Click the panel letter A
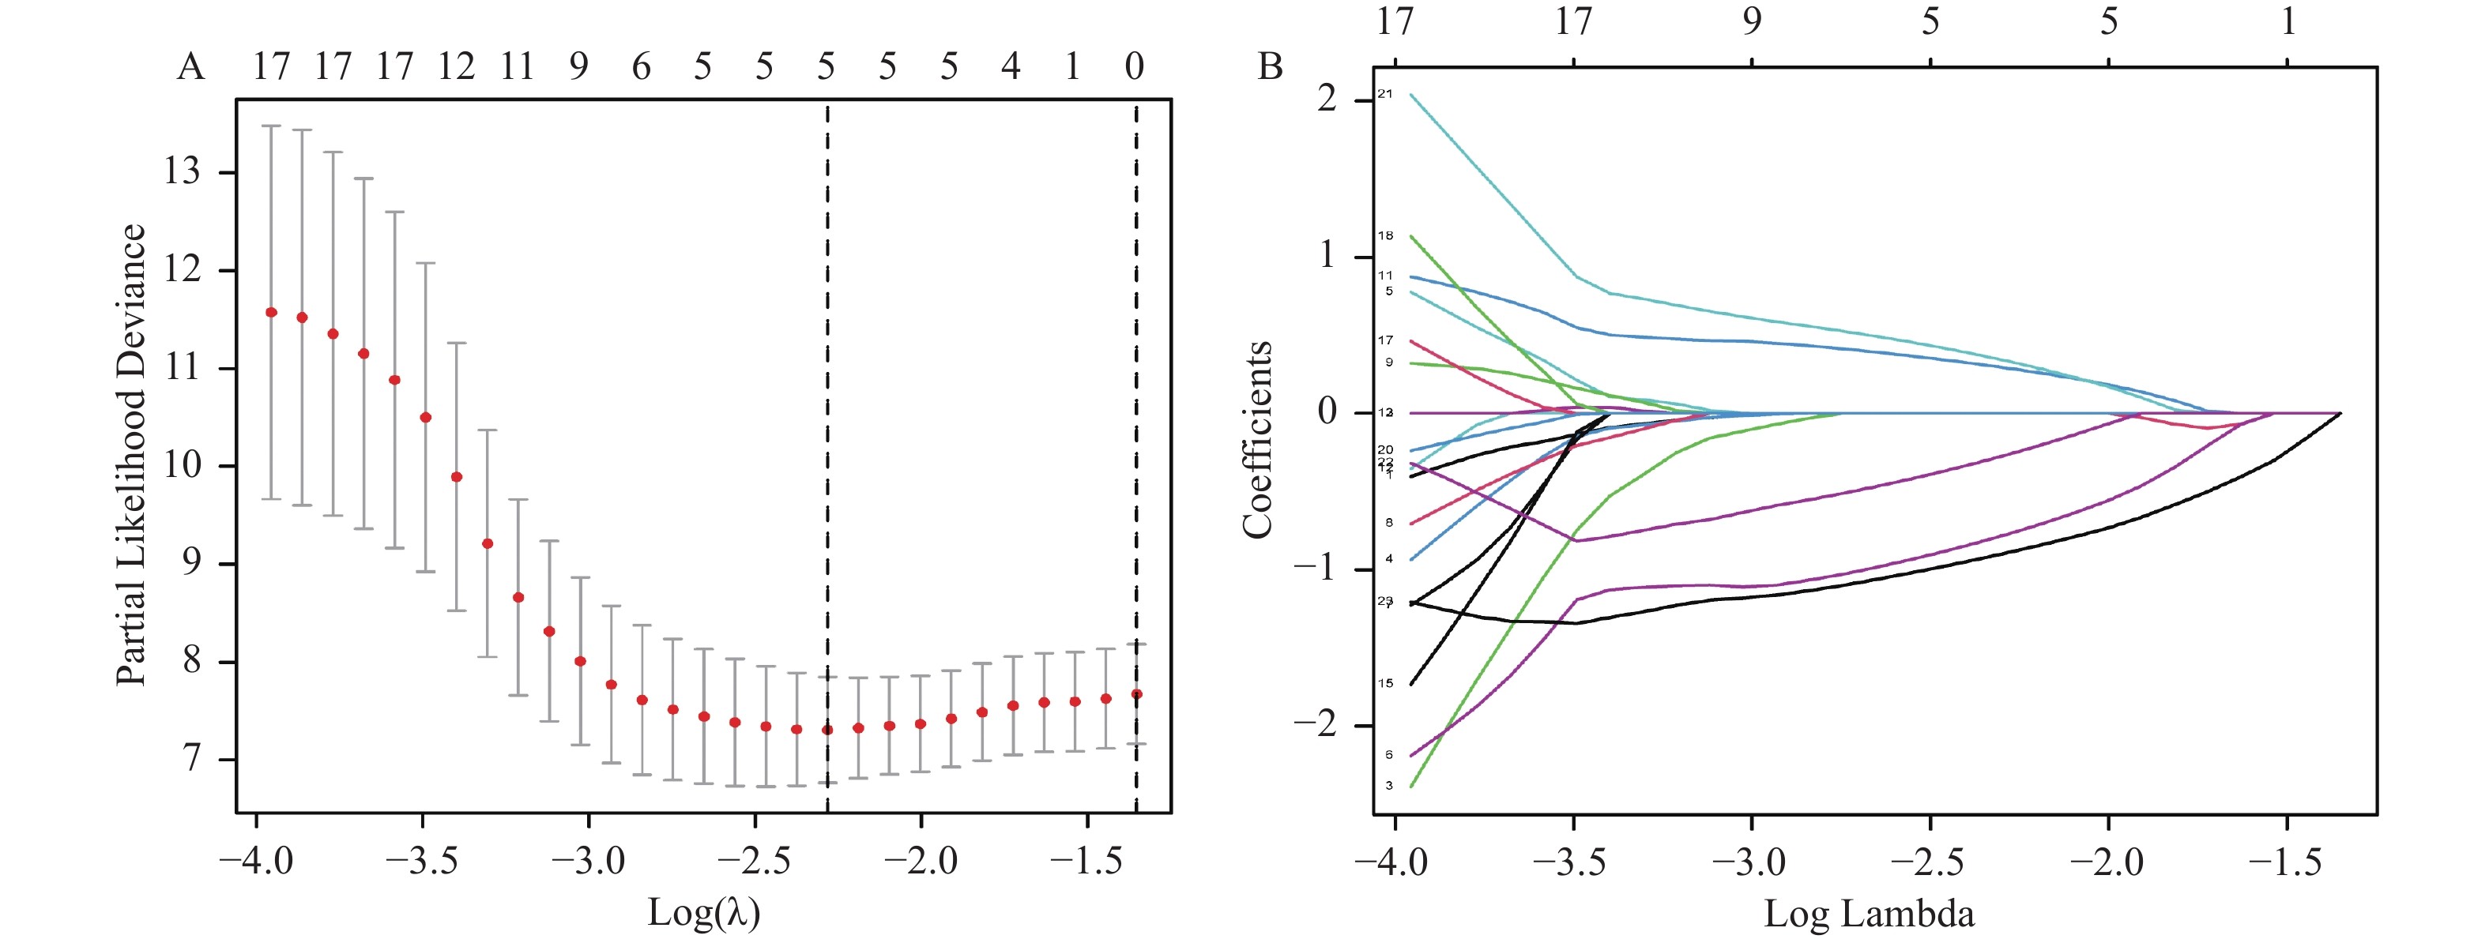point(190,68)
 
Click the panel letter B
point(1270,68)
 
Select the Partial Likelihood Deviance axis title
point(131,455)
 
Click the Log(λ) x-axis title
point(703,912)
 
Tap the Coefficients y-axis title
point(1257,440)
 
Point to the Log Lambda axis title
point(1869,913)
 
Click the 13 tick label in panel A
point(182,172)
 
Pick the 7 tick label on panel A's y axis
point(191,759)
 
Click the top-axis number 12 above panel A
point(456,66)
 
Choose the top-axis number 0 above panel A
point(1135,66)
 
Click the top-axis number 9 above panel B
point(1752,21)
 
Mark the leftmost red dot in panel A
point(272,312)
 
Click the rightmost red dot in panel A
point(1137,693)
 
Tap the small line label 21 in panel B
point(1386,94)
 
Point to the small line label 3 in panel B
point(1389,786)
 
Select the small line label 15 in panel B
point(1386,683)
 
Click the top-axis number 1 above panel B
point(2287,21)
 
